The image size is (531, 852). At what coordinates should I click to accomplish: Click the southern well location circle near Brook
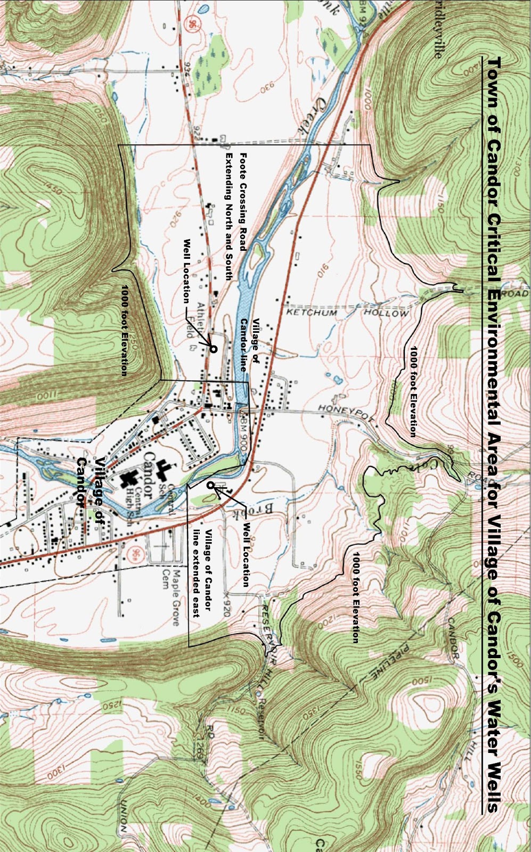[x=211, y=485]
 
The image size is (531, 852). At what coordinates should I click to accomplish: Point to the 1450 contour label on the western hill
[x=53, y=190]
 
